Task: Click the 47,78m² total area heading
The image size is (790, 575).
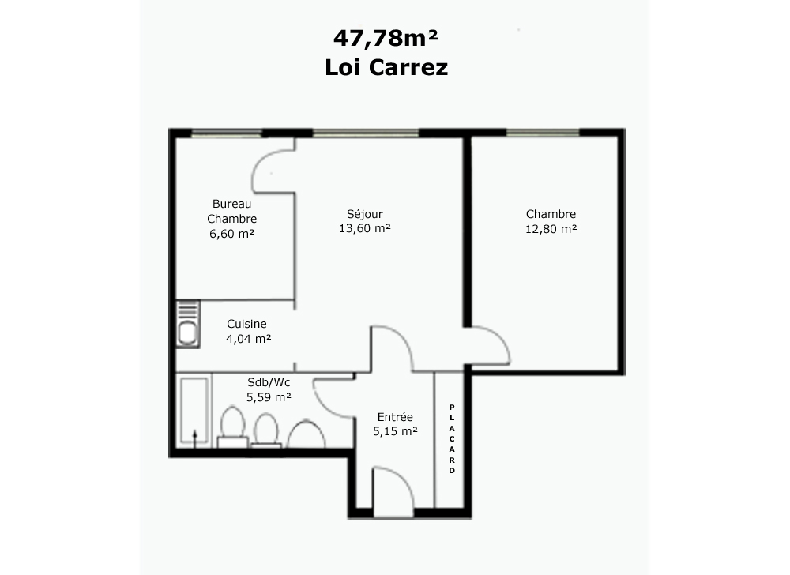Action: click(x=386, y=38)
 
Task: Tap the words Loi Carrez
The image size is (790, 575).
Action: click(x=386, y=67)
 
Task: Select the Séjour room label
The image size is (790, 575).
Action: click(x=365, y=214)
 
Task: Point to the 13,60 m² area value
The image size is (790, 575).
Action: click(x=365, y=228)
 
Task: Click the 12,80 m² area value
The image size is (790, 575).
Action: click(x=551, y=229)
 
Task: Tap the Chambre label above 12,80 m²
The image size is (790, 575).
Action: click(x=551, y=214)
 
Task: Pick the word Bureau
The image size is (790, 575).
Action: click(x=231, y=204)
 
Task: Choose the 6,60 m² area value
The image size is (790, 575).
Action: click(x=231, y=234)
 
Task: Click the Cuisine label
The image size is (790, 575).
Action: click(x=246, y=324)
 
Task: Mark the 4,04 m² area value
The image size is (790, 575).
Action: click(x=248, y=339)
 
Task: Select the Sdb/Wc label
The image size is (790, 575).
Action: click(x=269, y=382)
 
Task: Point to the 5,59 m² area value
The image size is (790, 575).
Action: click(x=269, y=397)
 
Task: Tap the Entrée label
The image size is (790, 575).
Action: click(x=395, y=417)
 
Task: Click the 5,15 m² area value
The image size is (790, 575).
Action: click(x=395, y=431)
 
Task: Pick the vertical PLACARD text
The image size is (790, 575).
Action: click(x=452, y=438)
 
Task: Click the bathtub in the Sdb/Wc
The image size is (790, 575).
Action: click(x=194, y=411)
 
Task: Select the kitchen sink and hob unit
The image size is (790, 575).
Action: click(x=188, y=324)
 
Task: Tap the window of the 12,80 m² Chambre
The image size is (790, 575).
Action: click(x=543, y=133)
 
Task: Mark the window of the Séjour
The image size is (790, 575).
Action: click(x=366, y=133)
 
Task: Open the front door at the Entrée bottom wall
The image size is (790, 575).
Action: click(x=393, y=491)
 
